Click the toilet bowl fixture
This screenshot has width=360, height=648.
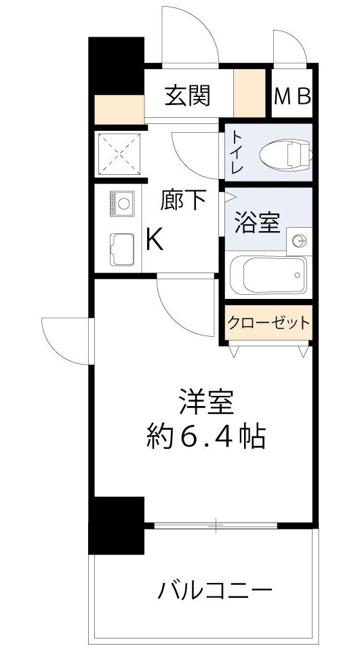point(287,154)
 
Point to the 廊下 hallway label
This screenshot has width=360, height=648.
point(183,200)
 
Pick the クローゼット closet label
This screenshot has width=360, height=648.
point(268,323)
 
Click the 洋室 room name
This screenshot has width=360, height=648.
point(206,403)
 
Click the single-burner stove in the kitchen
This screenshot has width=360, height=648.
point(122,202)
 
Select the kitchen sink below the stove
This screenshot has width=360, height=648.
point(122,249)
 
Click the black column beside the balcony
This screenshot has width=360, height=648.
point(117,526)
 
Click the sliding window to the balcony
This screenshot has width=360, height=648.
point(216,525)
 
